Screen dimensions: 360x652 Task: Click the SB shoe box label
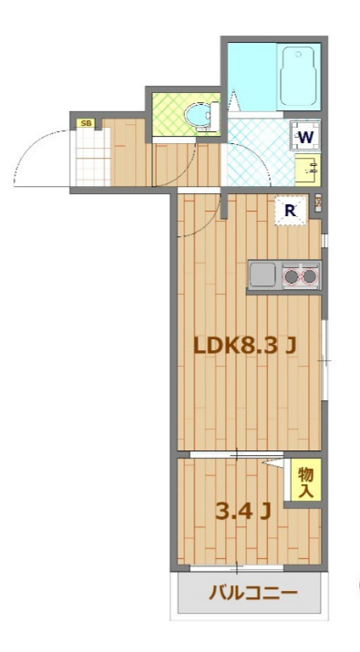point(86,123)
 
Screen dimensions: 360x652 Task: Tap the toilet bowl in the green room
point(201,118)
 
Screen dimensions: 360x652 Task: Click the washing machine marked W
point(304,137)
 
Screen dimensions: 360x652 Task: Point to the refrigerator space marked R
point(291,211)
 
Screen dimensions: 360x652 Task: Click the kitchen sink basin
point(262,274)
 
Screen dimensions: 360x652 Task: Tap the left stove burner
point(291,275)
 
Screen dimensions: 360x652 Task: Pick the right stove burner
point(309,275)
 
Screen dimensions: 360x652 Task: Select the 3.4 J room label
point(243,511)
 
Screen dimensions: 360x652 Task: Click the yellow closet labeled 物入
point(305,480)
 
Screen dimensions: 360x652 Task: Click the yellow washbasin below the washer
point(308,170)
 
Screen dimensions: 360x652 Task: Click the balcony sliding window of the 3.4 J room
point(237,567)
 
